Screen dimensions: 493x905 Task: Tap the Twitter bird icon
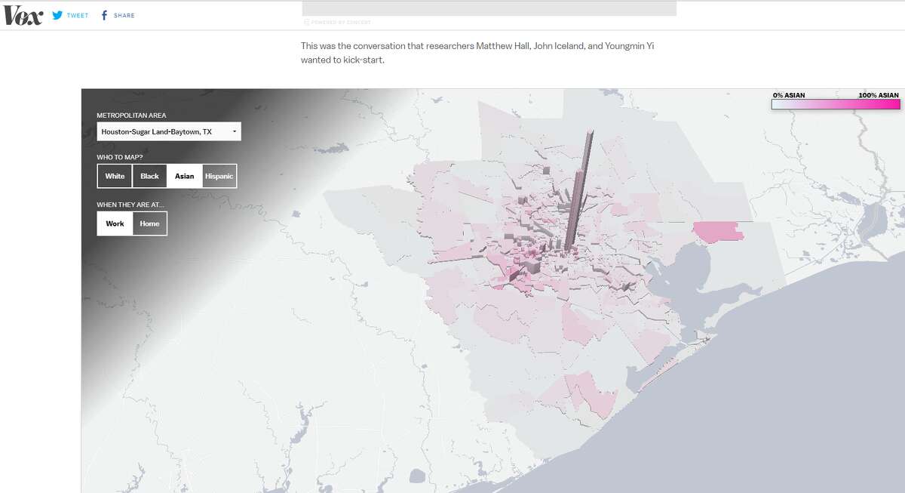57,15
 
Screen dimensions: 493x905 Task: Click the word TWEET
78,15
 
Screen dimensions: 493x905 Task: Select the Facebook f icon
104,15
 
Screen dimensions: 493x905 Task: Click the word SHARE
124,15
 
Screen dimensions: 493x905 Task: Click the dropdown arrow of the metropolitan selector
234,132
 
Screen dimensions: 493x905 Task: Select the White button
115,176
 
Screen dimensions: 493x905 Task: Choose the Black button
149,176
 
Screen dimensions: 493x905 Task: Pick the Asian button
184,176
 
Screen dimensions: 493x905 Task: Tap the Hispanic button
219,176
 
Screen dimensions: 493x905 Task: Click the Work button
115,223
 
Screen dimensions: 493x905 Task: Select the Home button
149,223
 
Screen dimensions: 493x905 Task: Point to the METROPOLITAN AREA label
131,116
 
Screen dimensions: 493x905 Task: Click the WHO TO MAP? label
119,157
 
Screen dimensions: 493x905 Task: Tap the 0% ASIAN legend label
789,95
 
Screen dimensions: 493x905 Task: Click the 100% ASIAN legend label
878,95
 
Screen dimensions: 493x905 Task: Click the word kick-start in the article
358,60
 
